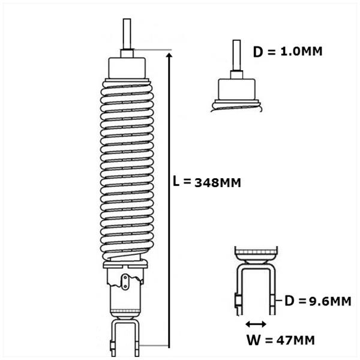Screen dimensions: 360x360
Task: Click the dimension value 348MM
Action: [x=218, y=183]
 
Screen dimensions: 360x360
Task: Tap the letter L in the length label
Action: [x=176, y=181]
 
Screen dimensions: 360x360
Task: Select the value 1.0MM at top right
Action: [x=301, y=51]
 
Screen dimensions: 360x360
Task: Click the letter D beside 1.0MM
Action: [x=258, y=52]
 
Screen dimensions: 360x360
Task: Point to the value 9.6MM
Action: [x=330, y=301]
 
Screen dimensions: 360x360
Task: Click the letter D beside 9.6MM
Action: [x=289, y=301]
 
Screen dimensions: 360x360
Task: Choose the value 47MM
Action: [x=295, y=340]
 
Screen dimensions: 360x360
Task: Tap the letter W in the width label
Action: [x=254, y=340]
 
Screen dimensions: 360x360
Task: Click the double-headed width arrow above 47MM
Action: [x=256, y=324]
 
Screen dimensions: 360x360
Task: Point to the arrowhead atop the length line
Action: [x=169, y=55]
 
